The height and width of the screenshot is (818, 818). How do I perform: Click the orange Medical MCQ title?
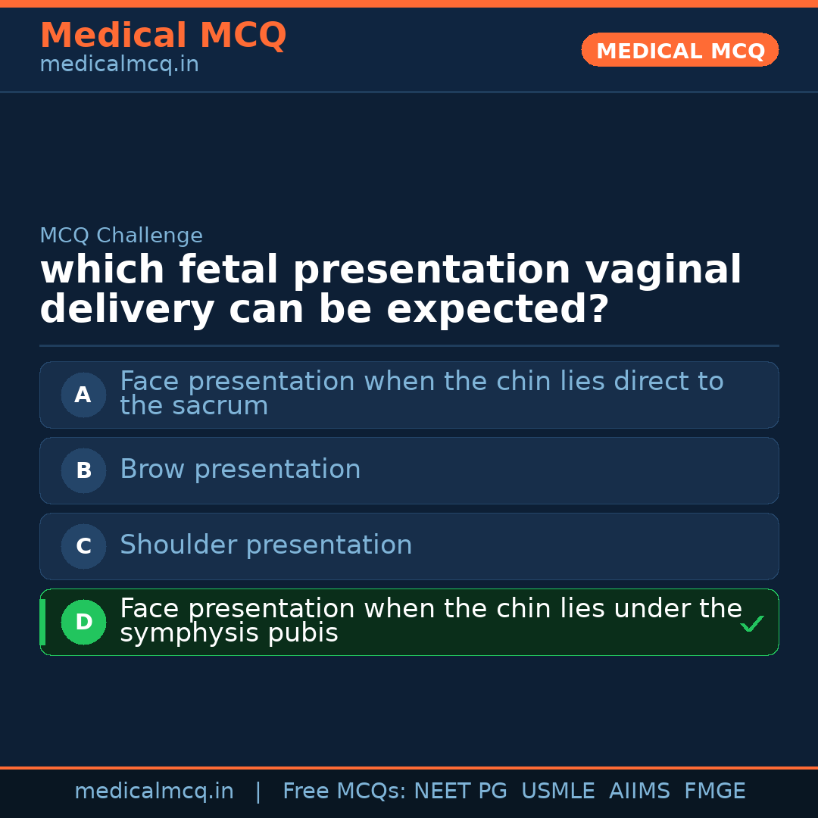[163, 36]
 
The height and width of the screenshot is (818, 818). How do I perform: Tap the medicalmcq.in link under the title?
[119, 65]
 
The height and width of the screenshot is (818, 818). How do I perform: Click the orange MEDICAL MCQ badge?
[679, 51]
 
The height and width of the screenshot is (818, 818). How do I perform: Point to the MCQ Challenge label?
[121, 236]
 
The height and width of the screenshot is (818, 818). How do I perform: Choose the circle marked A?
[83, 395]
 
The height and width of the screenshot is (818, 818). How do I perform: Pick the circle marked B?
[83, 470]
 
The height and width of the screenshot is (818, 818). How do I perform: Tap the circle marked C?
[83, 546]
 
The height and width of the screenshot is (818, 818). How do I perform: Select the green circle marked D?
[83, 622]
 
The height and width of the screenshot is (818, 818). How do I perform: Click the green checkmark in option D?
[751, 624]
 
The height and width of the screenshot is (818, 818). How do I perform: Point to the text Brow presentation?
[240, 470]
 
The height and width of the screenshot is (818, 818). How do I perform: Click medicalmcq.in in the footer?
[154, 791]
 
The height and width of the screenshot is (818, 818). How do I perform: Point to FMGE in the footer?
[714, 791]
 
